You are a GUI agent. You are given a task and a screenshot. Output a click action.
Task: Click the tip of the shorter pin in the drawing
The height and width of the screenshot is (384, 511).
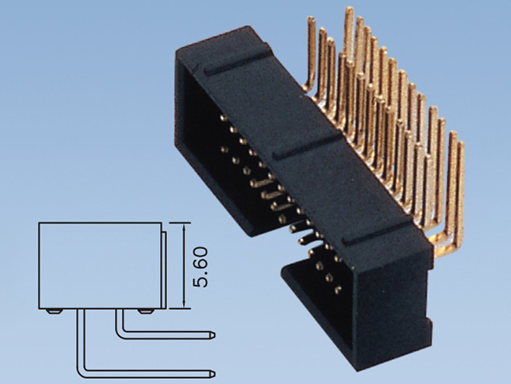213,334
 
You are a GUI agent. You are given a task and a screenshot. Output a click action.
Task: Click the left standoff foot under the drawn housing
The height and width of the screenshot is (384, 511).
54,311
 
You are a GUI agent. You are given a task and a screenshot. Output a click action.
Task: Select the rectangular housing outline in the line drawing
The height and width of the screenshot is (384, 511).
100,265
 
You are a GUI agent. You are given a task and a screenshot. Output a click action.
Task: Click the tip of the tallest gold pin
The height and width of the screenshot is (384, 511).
348,10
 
